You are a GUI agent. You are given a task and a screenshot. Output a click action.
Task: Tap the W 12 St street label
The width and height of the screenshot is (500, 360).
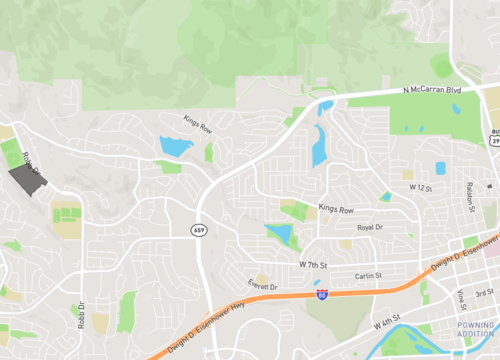coord(416,188)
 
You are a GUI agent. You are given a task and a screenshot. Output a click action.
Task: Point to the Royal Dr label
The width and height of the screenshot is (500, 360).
coord(370,228)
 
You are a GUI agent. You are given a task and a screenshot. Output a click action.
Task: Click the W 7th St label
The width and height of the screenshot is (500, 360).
coord(313,264)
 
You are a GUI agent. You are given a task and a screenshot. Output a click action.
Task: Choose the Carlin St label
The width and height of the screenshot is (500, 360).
coord(369,277)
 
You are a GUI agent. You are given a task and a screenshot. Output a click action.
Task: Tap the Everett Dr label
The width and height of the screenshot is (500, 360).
coord(262,286)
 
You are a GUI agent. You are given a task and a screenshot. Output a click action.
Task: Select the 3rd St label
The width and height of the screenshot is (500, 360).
coord(484,292)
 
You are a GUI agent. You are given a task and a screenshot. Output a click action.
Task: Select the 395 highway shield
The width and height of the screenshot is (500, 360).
coord(495,141)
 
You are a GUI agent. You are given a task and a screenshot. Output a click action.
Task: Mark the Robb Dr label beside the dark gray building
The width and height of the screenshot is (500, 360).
coord(29,164)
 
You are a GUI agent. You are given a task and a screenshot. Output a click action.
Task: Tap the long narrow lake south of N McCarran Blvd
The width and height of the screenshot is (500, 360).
coord(319,146)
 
